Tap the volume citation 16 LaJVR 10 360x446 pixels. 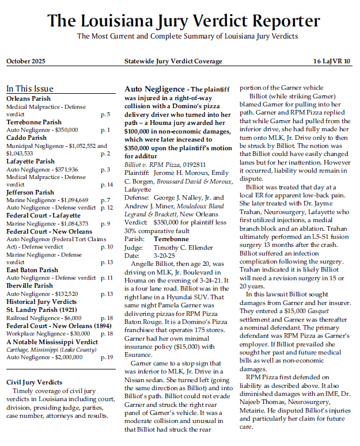[331, 61]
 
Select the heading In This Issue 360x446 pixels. [29, 89]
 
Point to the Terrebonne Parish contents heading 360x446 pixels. [34, 123]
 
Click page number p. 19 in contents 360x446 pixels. [107, 357]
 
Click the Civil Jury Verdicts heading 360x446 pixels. [34, 382]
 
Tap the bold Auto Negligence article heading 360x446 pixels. [153, 90]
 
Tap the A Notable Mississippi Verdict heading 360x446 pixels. [52, 341]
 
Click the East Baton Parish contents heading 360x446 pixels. [32, 270]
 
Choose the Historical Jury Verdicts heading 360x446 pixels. [41, 302]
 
